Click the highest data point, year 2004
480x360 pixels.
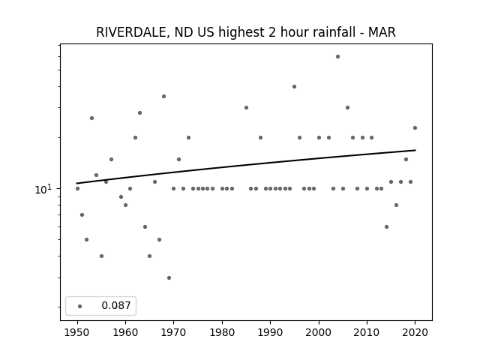[x=337, y=57]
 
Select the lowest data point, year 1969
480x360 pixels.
[x=169, y=278]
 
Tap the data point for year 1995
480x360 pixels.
[x=294, y=87]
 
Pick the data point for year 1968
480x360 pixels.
[x=163, y=97]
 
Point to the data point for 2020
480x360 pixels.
[x=415, y=128]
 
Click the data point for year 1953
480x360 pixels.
[x=91, y=118]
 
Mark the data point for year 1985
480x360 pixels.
[x=246, y=108]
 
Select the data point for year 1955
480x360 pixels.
[x=102, y=256]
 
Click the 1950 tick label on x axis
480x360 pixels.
[x=77, y=332]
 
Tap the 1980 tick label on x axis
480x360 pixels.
[x=222, y=332]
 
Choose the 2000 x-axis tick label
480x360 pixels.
[x=319, y=332]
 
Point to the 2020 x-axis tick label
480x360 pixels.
[x=415, y=332]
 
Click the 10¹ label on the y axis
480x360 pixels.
[x=43, y=190]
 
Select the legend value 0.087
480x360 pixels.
[x=116, y=305]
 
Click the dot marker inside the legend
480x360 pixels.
[x=80, y=306]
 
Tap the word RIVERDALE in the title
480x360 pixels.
[x=133, y=32]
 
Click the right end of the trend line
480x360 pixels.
[x=415, y=150]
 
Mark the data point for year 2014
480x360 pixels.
[x=386, y=226]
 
